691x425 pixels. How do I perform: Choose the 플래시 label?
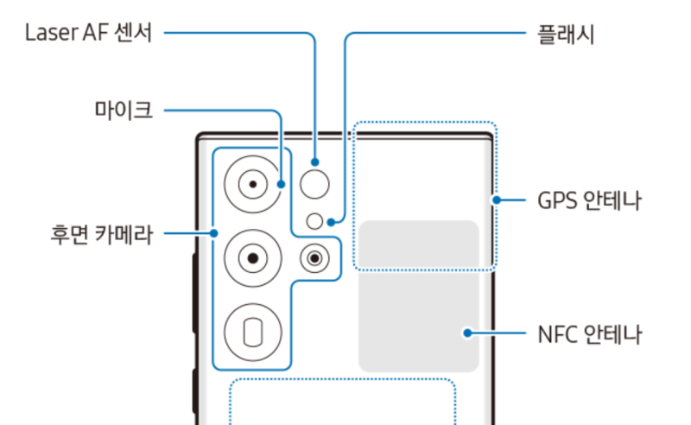[x=566, y=35]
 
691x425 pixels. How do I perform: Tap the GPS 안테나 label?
[x=589, y=201]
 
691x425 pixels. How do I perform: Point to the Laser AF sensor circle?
[x=316, y=183]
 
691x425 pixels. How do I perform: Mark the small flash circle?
[x=316, y=221]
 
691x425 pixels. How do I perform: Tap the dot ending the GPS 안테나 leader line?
[x=496, y=201]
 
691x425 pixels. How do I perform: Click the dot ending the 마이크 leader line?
[x=282, y=183]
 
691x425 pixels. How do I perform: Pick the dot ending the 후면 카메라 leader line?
[x=214, y=233]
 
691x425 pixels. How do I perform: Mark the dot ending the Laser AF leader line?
[x=316, y=162]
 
